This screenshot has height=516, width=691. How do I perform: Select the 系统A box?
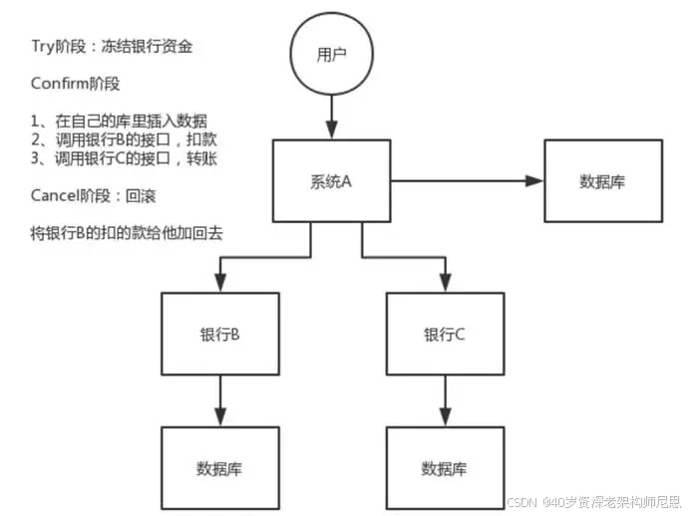point(331,181)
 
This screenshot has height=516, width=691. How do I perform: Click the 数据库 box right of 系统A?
point(602,181)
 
